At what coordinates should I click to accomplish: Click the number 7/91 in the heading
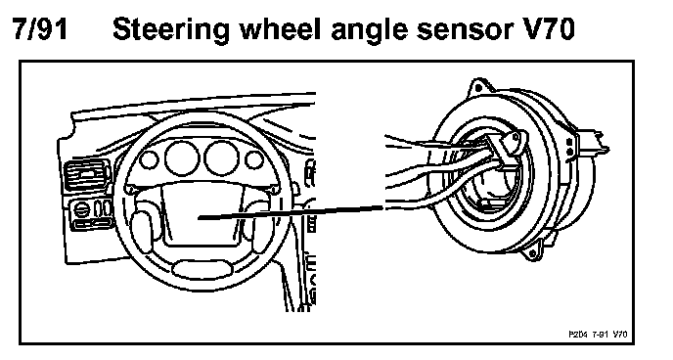[x=40, y=29]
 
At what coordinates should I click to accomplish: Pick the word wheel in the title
[x=280, y=29]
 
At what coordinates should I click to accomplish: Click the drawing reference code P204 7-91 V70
[x=598, y=335]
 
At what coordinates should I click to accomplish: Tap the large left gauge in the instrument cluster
[x=182, y=157]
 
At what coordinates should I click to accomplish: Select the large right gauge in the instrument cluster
[x=221, y=157]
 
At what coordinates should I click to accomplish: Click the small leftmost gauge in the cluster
[x=149, y=160]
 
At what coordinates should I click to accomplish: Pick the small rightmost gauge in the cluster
[x=254, y=159]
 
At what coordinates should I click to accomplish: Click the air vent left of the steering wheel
[x=86, y=175]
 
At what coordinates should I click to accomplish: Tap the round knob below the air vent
[x=81, y=209]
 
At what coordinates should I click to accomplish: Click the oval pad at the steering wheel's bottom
[x=202, y=269]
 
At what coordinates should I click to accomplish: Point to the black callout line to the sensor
[x=291, y=212]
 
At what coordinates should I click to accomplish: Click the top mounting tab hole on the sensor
[x=477, y=88]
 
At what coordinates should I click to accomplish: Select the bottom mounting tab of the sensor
[x=532, y=250]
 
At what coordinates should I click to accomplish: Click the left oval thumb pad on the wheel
[x=141, y=229]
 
